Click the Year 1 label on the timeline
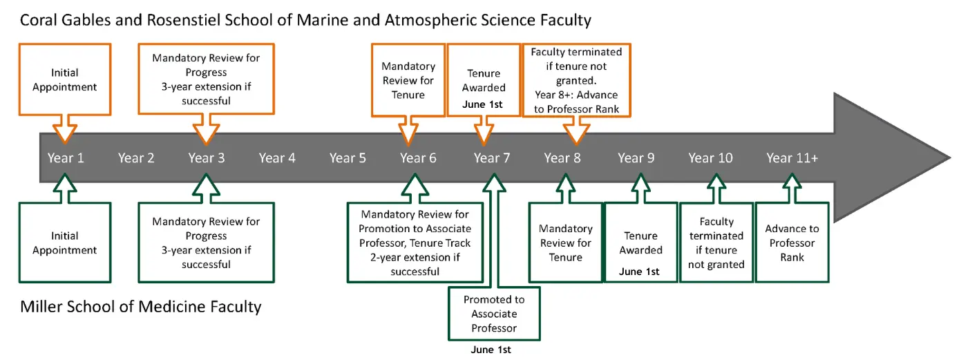coord(66,158)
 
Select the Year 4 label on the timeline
coord(277,158)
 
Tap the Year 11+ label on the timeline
coord(792,158)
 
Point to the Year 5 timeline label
coord(348,158)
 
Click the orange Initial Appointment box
coord(65,79)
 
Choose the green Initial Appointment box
coord(65,243)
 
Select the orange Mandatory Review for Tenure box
coord(408,79)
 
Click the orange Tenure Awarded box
coord(484,79)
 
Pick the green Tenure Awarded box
coord(640,243)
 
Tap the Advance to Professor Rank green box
coord(792,243)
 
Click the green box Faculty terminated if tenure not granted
coord(716,243)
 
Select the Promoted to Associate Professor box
coord(494,314)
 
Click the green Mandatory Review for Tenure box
coord(565,243)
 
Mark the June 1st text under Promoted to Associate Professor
coord(491,350)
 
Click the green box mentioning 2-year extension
coord(415,243)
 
